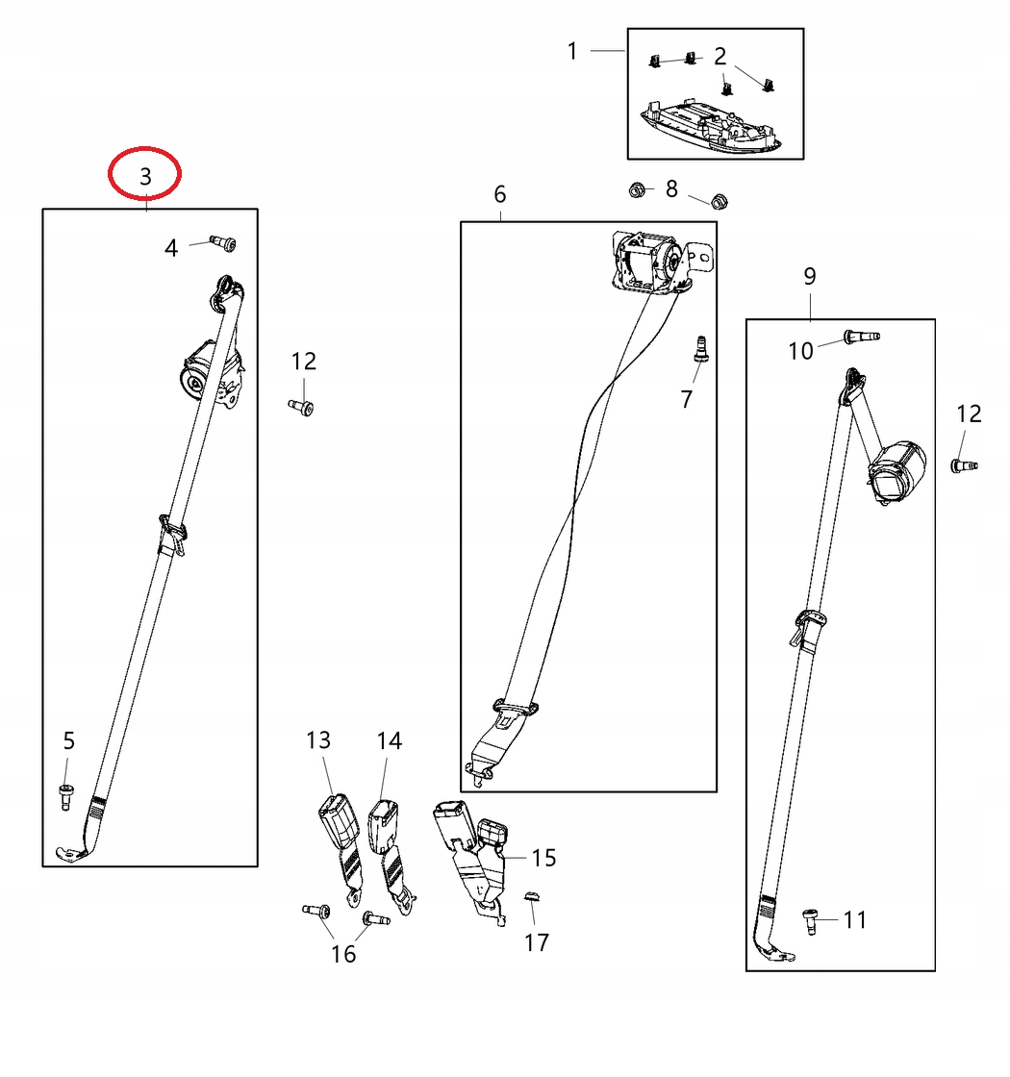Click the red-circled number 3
(144, 175)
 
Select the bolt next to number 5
(66, 795)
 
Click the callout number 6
(499, 194)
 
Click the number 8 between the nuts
(671, 188)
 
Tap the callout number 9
(809, 276)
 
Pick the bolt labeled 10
(861, 336)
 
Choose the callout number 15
(543, 857)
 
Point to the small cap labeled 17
(533, 898)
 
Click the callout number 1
(572, 50)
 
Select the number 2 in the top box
(720, 55)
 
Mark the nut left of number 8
(635, 189)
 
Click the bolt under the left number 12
(301, 408)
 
